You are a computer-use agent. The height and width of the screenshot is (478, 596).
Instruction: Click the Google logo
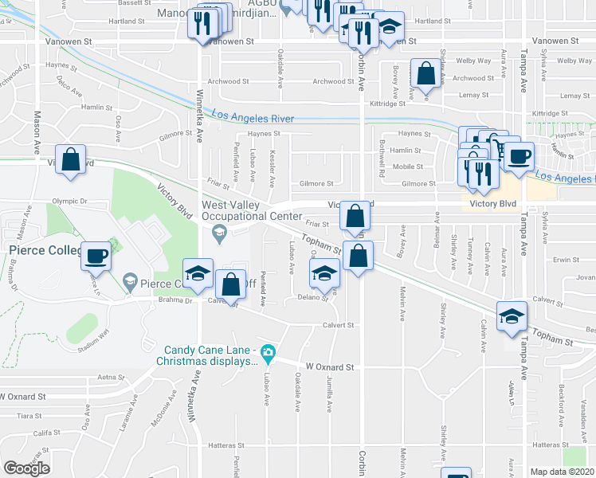coord(26,468)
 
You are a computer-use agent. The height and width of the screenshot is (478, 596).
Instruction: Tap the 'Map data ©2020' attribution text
coord(562,472)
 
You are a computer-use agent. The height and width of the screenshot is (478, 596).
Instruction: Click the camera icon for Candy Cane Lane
coord(269,351)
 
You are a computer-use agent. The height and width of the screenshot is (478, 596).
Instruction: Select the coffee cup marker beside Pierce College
coord(96,255)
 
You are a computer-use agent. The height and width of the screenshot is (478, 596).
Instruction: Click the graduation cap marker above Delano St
coord(323,273)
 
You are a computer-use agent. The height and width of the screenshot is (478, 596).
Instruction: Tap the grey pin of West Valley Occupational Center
coord(221,233)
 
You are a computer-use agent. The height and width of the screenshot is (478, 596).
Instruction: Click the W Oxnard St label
coord(329,367)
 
